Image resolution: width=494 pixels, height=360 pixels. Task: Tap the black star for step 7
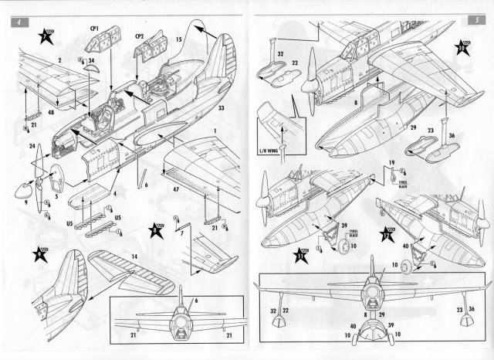46,36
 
